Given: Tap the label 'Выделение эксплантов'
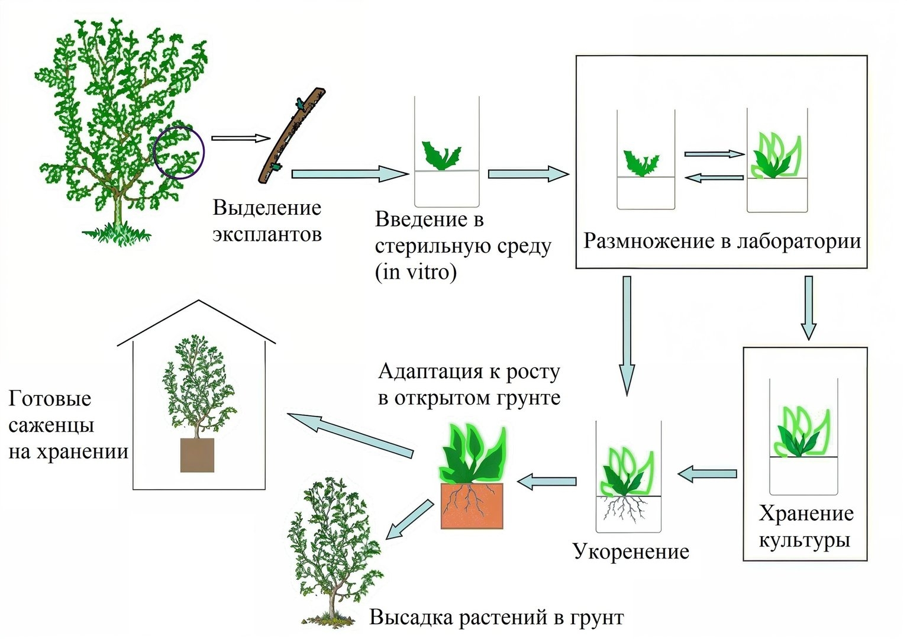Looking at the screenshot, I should coord(267,221).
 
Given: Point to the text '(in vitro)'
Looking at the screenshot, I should coord(415,273).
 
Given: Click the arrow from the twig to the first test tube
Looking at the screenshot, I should coord(350,174).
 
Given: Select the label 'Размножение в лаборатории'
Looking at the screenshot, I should coord(722,242).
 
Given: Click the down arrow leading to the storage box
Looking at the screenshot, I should coord(808,308).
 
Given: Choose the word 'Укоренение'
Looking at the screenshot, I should coord(631,551).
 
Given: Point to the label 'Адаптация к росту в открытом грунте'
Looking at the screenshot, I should coord(469,385).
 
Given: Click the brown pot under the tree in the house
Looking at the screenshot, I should coord(197,455).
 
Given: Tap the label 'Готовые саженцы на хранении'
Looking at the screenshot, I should coord(68,425).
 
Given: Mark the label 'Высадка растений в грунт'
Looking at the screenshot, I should coord(496,618).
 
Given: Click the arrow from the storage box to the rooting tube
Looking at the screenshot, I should coord(708,473).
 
